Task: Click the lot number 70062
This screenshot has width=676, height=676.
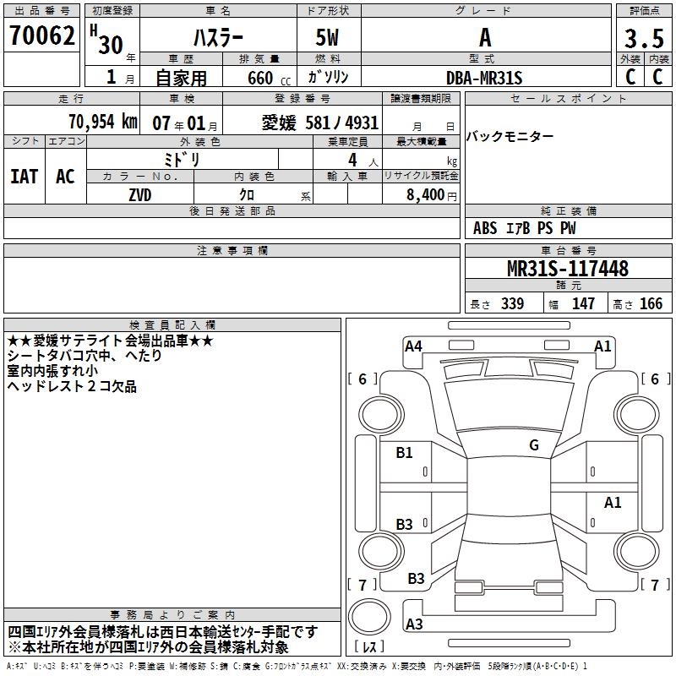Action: (41, 35)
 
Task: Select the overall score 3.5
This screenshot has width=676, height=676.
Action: (644, 39)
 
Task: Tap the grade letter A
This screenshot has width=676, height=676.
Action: (485, 37)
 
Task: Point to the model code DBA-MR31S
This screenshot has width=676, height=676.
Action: (484, 78)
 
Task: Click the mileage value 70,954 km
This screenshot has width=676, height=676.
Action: (103, 122)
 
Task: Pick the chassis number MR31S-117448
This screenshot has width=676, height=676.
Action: (568, 269)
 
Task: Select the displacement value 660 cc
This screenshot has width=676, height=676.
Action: (269, 79)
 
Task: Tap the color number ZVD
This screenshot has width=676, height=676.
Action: (140, 195)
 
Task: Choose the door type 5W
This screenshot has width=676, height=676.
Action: (327, 37)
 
